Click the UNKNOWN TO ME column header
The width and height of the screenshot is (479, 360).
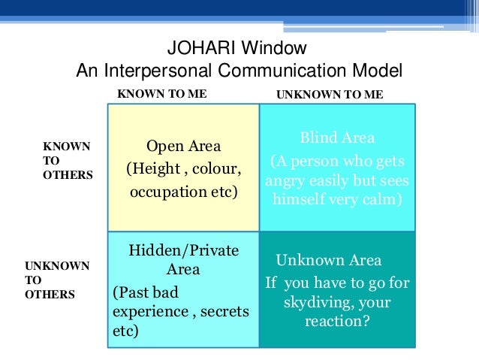(330, 95)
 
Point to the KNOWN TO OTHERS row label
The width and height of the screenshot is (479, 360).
(67, 160)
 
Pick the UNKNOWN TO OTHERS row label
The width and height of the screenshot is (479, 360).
(57, 280)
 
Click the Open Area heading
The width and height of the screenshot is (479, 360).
(183, 146)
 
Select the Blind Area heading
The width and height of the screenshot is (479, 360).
(337, 138)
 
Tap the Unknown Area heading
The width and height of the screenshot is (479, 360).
(329, 261)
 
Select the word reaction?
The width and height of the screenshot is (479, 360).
(336, 322)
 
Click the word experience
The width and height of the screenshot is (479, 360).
(148, 311)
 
